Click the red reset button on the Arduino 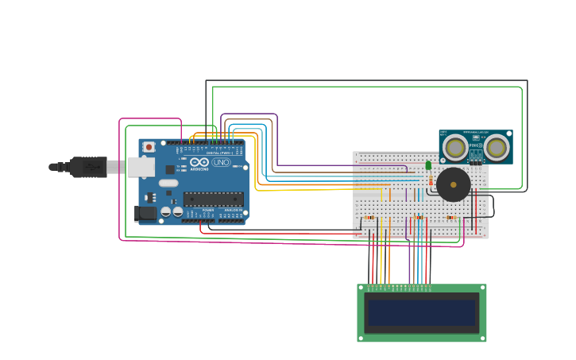(149, 147)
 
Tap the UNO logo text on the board (220, 162)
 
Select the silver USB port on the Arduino (141, 167)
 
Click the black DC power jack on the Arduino (145, 213)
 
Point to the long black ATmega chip (213, 199)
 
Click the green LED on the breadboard (428, 165)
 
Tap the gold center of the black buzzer (454, 184)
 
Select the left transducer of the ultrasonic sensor (455, 147)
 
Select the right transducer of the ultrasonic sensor (497, 147)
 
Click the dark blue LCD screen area (421, 312)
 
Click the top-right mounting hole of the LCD (481, 288)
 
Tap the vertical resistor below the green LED (430, 181)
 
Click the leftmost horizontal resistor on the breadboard (369, 217)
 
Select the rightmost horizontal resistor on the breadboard (452, 217)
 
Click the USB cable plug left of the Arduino (87, 167)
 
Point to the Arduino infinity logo (199, 162)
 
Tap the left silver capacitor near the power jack (165, 212)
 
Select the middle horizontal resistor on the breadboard (419, 217)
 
